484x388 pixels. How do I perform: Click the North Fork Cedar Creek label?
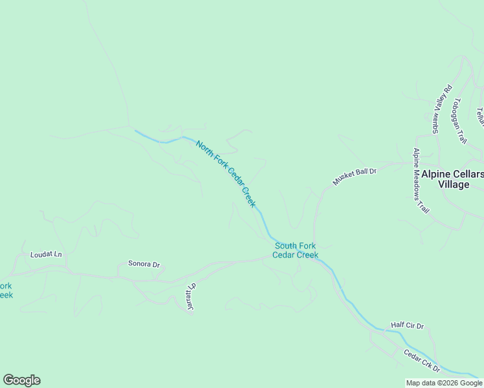tap(226, 174)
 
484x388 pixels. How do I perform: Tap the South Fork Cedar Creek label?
tap(295, 250)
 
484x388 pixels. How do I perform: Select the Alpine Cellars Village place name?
tap(452, 179)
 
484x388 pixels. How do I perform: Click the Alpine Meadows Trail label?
tap(421, 180)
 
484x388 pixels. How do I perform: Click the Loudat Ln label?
tap(46, 255)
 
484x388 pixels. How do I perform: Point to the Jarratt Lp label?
tap(191, 298)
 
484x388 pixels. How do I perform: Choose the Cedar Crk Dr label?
tap(422, 361)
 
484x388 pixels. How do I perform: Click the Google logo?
tap(21, 380)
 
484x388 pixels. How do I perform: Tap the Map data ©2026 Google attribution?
tap(444, 383)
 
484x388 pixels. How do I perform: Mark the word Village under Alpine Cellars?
tap(453, 184)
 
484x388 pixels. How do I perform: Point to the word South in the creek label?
tap(286, 246)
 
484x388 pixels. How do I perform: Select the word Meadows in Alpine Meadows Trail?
tap(422, 182)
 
